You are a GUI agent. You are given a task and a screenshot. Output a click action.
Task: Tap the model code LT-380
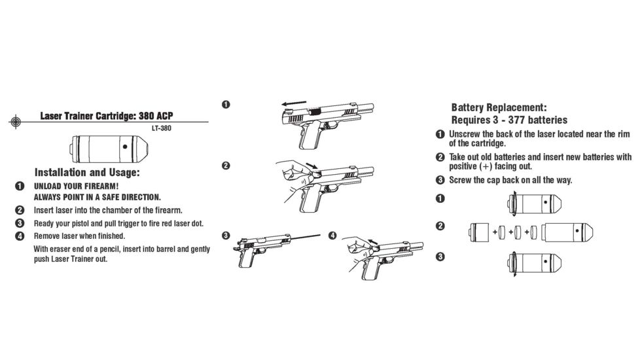[162, 128]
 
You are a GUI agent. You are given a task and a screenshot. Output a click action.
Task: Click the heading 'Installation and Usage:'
[87, 173]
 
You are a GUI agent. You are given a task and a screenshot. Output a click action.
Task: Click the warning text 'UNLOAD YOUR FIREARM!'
[77, 187]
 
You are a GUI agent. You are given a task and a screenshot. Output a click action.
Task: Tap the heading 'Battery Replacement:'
[499, 107]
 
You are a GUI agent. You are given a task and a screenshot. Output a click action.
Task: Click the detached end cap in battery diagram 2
[477, 231]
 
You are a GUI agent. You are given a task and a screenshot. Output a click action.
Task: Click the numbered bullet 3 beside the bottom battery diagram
[440, 256]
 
